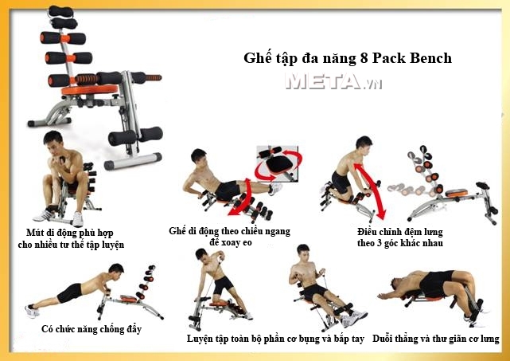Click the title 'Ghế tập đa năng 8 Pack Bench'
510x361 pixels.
coord(347,58)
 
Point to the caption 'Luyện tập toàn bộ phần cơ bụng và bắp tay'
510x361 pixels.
coord(275,339)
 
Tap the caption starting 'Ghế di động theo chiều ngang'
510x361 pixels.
coord(230,236)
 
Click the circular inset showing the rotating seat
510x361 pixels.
coord(275,162)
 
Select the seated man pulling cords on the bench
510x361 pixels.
coord(314,283)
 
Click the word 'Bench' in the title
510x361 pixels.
coord(430,58)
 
